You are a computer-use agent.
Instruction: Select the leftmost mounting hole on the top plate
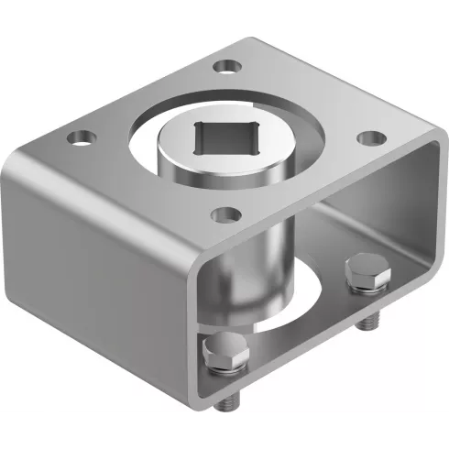[81, 139]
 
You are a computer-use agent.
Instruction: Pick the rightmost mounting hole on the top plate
[369, 137]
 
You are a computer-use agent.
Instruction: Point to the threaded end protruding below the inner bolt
[370, 321]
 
